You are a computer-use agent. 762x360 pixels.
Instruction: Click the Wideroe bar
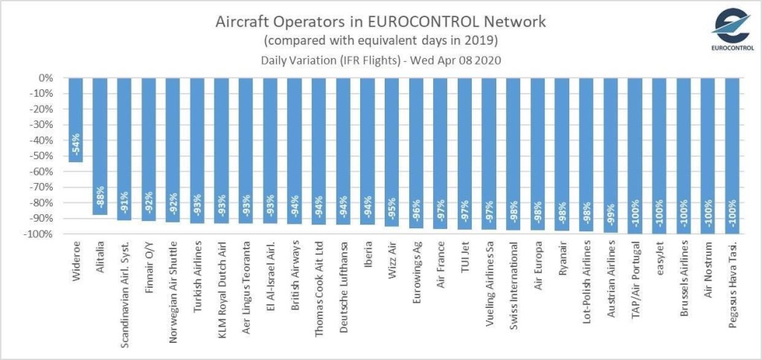[76, 119]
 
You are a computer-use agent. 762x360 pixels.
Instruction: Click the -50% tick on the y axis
[43, 156]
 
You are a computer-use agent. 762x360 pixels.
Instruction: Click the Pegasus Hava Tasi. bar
[732, 155]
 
